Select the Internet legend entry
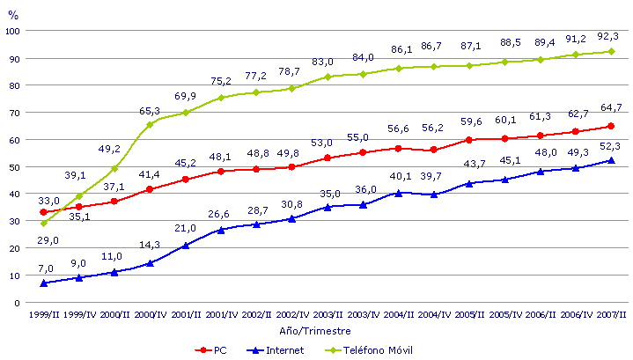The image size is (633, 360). click(283, 349)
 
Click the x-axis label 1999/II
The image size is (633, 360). click(43, 315)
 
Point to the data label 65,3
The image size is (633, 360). click(151, 111)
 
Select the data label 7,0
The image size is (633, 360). click(46, 268)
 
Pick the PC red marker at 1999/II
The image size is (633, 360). click(43, 212)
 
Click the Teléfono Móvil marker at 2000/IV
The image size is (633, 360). click(150, 124)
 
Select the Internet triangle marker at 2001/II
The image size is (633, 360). click(186, 245)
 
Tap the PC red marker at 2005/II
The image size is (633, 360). click(470, 139)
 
